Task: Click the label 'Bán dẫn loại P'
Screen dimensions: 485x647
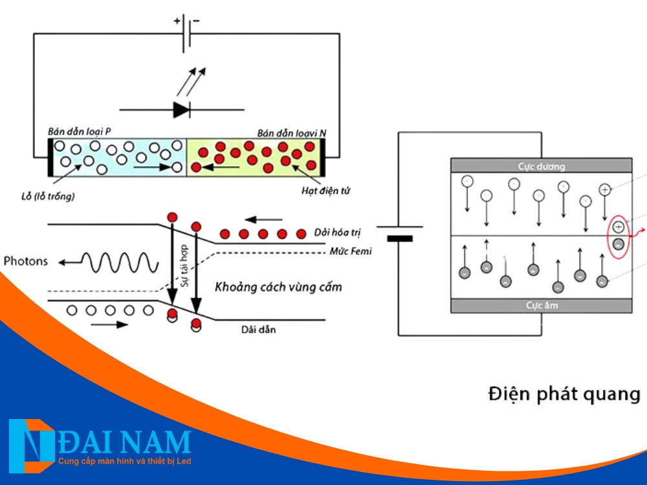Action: click(80, 131)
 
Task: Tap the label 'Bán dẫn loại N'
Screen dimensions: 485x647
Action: click(291, 133)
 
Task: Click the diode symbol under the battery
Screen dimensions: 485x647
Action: click(181, 109)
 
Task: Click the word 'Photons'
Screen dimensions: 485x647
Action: click(26, 261)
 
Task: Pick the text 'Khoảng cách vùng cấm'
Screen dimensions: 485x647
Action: click(278, 286)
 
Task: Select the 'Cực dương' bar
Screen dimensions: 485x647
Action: click(541, 166)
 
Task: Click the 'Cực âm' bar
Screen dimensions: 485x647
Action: click(541, 305)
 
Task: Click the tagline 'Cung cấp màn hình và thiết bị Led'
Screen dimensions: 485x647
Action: click(124, 461)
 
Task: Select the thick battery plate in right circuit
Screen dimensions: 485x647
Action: click(400, 238)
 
